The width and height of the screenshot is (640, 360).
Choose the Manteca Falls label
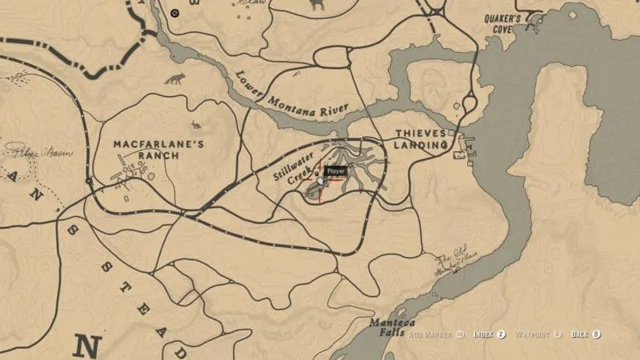[390, 328]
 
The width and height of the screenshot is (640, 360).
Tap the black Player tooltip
[335, 170]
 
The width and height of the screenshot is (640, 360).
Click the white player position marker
[321, 182]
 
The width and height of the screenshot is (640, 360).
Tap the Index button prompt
[489, 334]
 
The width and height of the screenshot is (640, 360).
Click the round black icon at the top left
[175, 14]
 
